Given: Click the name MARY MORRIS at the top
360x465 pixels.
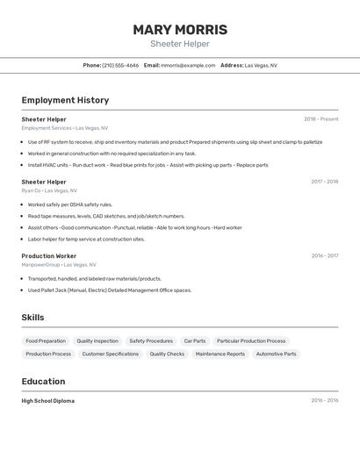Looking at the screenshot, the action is tap(180, 30).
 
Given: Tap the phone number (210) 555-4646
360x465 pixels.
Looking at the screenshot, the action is tap(120, 65).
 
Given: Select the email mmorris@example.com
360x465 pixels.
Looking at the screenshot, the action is tap(188, 65).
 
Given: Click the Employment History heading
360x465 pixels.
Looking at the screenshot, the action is tap(65, 100).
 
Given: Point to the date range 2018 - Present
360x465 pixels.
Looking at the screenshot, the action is tap(320, 119).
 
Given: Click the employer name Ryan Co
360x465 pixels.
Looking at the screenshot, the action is tap(32, 190).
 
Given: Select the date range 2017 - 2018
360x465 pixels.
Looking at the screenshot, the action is tap(324, 182).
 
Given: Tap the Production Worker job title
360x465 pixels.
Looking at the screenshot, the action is tap(49, 256).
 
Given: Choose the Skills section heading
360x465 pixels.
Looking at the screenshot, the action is tap(33, 318).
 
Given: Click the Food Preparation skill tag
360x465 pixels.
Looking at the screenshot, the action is tap(46, 341).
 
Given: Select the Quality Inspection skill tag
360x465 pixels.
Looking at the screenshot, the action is tap(97, 341).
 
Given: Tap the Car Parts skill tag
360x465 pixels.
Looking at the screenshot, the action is tap(195, 341).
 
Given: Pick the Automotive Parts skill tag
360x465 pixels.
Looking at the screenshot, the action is tap(276, 354).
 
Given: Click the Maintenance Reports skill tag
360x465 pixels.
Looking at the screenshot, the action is tap(220, 354).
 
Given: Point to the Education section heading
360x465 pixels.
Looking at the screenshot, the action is tap(43, 382).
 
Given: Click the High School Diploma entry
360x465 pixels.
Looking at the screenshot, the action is tap(48, 401).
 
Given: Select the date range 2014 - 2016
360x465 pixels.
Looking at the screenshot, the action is tap(324, 401).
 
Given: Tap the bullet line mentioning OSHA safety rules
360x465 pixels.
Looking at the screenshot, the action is tap(70, 204).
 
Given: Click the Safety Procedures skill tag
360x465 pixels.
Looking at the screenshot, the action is tap(151, 341).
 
